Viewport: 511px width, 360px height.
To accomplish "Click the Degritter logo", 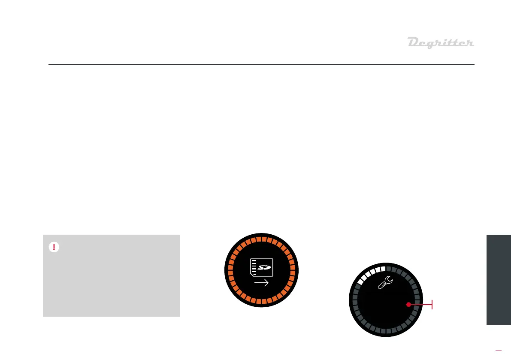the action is (440, 43).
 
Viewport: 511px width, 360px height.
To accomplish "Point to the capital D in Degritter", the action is (413, 42).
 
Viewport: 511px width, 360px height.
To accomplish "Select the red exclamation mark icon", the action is (54, 247).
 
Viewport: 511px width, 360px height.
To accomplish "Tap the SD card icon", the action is (261, 268).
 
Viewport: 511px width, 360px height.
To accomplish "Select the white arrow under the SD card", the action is (261, 283).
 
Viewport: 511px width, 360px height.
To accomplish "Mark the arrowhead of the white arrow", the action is (266, 283).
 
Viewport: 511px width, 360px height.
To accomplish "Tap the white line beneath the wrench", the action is (387, 291).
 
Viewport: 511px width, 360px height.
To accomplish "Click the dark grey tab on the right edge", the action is (499, 279).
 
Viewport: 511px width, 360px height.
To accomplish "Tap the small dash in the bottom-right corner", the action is (498, 351).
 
